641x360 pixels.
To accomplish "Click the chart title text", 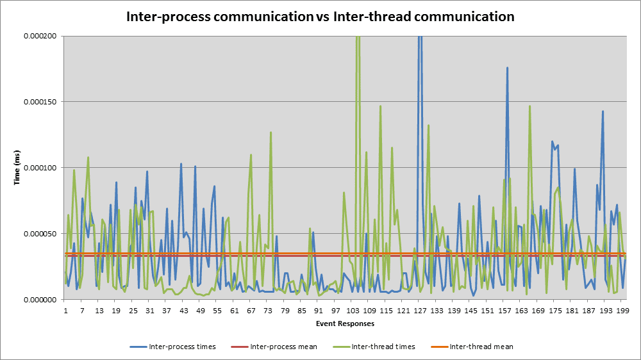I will (319, 17).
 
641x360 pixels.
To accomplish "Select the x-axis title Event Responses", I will (345, 323).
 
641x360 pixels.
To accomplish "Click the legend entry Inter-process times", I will (182, 347).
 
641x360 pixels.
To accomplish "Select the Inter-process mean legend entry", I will (283, 347).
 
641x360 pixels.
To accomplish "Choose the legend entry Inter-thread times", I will (382, 347).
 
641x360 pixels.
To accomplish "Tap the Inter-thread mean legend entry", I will (481, 347).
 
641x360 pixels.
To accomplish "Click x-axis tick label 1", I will (65, 311).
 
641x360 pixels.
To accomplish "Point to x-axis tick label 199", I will (622, 311).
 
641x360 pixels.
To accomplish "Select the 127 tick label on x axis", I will (420, 311).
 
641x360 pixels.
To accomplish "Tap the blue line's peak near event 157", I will (507, 67).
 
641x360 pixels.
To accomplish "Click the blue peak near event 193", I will (603, 111).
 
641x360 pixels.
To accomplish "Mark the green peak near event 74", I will (271, 133).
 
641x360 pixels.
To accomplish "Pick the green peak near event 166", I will (529, 106).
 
